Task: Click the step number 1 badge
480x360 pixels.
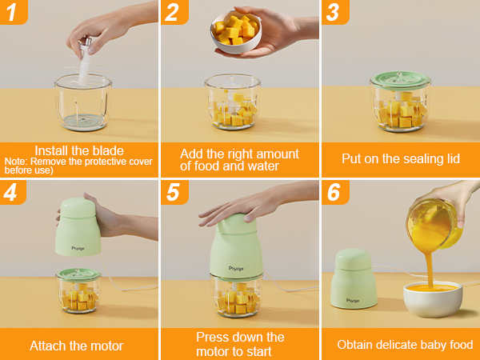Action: (14, 11)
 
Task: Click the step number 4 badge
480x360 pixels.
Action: (14, 192)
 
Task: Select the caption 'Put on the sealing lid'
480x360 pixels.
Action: (400, 158)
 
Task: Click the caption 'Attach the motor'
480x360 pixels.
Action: (77, 346)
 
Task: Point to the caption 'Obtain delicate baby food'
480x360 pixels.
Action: (405, 345)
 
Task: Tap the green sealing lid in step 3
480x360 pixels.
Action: (400, 82)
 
